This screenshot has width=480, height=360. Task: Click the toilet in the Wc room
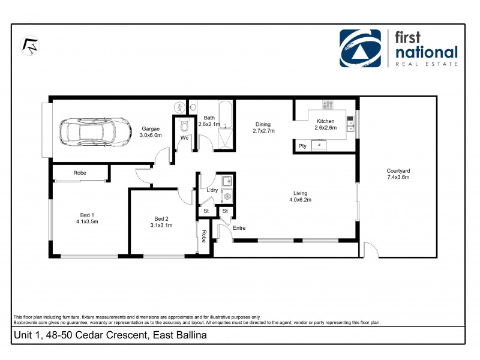coord(185,125)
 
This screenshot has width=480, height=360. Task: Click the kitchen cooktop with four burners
coord(328,105)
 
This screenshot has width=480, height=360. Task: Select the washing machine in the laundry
coord(227,195)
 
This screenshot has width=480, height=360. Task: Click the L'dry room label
coord(212,190)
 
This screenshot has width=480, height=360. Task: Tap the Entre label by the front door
coord(239,228)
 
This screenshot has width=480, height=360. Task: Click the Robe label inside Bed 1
coord(79,173)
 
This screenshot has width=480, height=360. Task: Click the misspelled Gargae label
coord(151,129)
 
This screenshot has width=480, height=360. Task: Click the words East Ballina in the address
coord(179,335)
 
